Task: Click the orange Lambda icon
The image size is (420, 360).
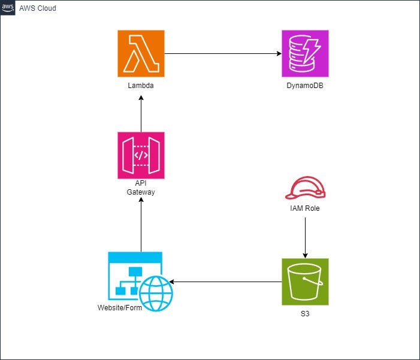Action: [141, 53]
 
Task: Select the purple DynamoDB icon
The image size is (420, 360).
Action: [305, 53]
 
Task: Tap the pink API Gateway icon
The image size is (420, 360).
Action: [141, 155]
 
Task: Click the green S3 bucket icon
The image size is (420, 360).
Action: [305, 282]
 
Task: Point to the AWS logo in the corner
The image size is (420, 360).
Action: [8, 8]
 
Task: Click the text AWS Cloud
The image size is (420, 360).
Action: [38, 8]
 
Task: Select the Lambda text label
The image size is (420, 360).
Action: [141, 86]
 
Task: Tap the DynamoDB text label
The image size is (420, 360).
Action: [305, 86]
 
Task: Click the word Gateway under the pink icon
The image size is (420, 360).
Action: [141, 192]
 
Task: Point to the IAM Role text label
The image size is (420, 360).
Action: [306, 208]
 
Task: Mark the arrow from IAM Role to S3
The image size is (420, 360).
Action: [306, 237]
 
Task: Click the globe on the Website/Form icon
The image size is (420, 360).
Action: [156, 294]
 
